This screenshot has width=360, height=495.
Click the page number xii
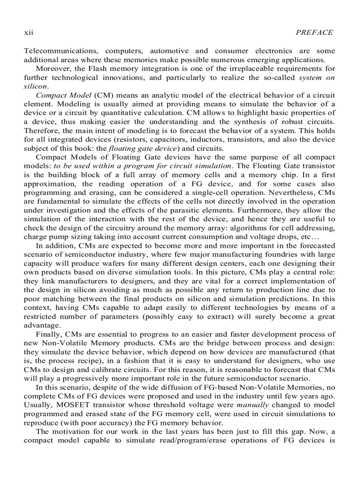point(28,33)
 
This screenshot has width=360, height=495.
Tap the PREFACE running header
point(315,33)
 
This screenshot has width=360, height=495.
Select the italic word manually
point(251,405)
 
